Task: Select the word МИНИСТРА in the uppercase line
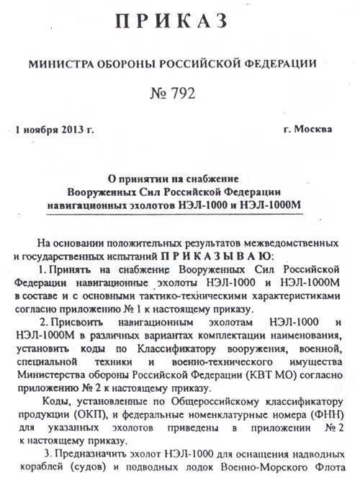point(60,64)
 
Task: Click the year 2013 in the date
point(72,130)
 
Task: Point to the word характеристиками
point(291,295)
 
